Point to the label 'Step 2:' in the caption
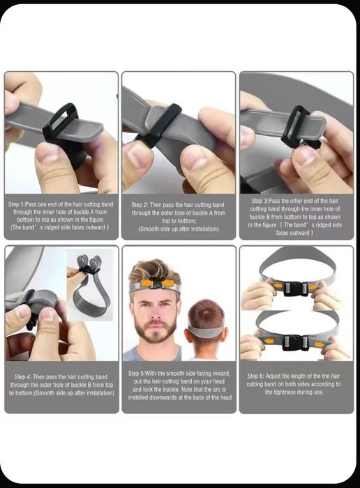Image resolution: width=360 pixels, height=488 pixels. click(140, 205)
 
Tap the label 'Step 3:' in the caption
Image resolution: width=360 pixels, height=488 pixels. click(260, 201)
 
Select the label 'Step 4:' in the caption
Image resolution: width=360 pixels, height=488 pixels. click(22, 377)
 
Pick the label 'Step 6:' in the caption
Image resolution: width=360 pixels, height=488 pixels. click(255, 376)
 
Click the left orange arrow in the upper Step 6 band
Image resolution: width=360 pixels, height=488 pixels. click(277, 285)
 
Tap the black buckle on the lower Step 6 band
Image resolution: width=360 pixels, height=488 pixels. click(294, 343)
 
